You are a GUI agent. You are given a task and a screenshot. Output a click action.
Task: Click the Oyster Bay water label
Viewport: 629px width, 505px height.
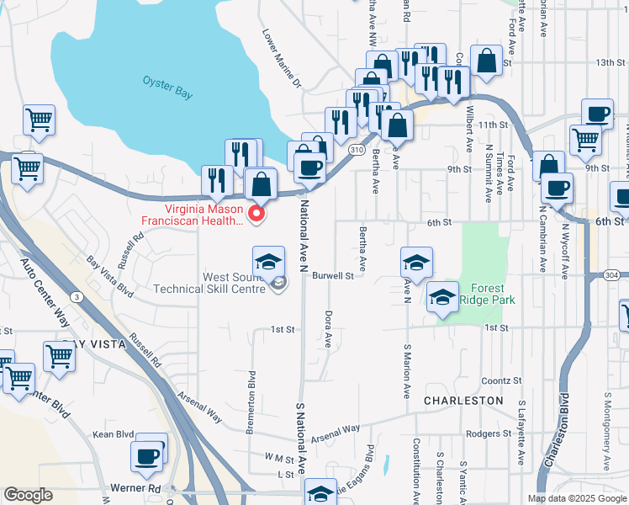point(167,88)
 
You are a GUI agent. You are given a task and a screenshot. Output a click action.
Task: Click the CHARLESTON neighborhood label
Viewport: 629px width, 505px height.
point(463,401)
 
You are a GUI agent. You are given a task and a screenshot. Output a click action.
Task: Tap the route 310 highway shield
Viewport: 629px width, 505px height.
point(357,149)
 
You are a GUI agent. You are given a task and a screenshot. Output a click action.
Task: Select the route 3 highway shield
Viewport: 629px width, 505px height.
point(77,296)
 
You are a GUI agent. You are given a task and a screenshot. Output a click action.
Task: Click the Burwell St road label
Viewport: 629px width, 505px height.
point(334,275)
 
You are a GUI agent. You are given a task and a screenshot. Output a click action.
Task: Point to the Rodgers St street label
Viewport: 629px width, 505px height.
point(484,434)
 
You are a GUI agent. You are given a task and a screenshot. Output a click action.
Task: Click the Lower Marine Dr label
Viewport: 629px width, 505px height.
point(281,61)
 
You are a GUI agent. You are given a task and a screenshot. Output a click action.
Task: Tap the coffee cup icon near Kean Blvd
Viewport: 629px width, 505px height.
point(146,456)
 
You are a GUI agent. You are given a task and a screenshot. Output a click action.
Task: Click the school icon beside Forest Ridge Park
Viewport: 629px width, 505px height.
point(442,297)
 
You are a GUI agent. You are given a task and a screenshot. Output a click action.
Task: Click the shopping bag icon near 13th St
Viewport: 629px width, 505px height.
point(486,60)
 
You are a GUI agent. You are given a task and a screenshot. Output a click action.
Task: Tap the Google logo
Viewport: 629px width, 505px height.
point(28,495)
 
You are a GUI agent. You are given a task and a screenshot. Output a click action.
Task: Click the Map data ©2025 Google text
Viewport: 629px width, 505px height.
point(577,498)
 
